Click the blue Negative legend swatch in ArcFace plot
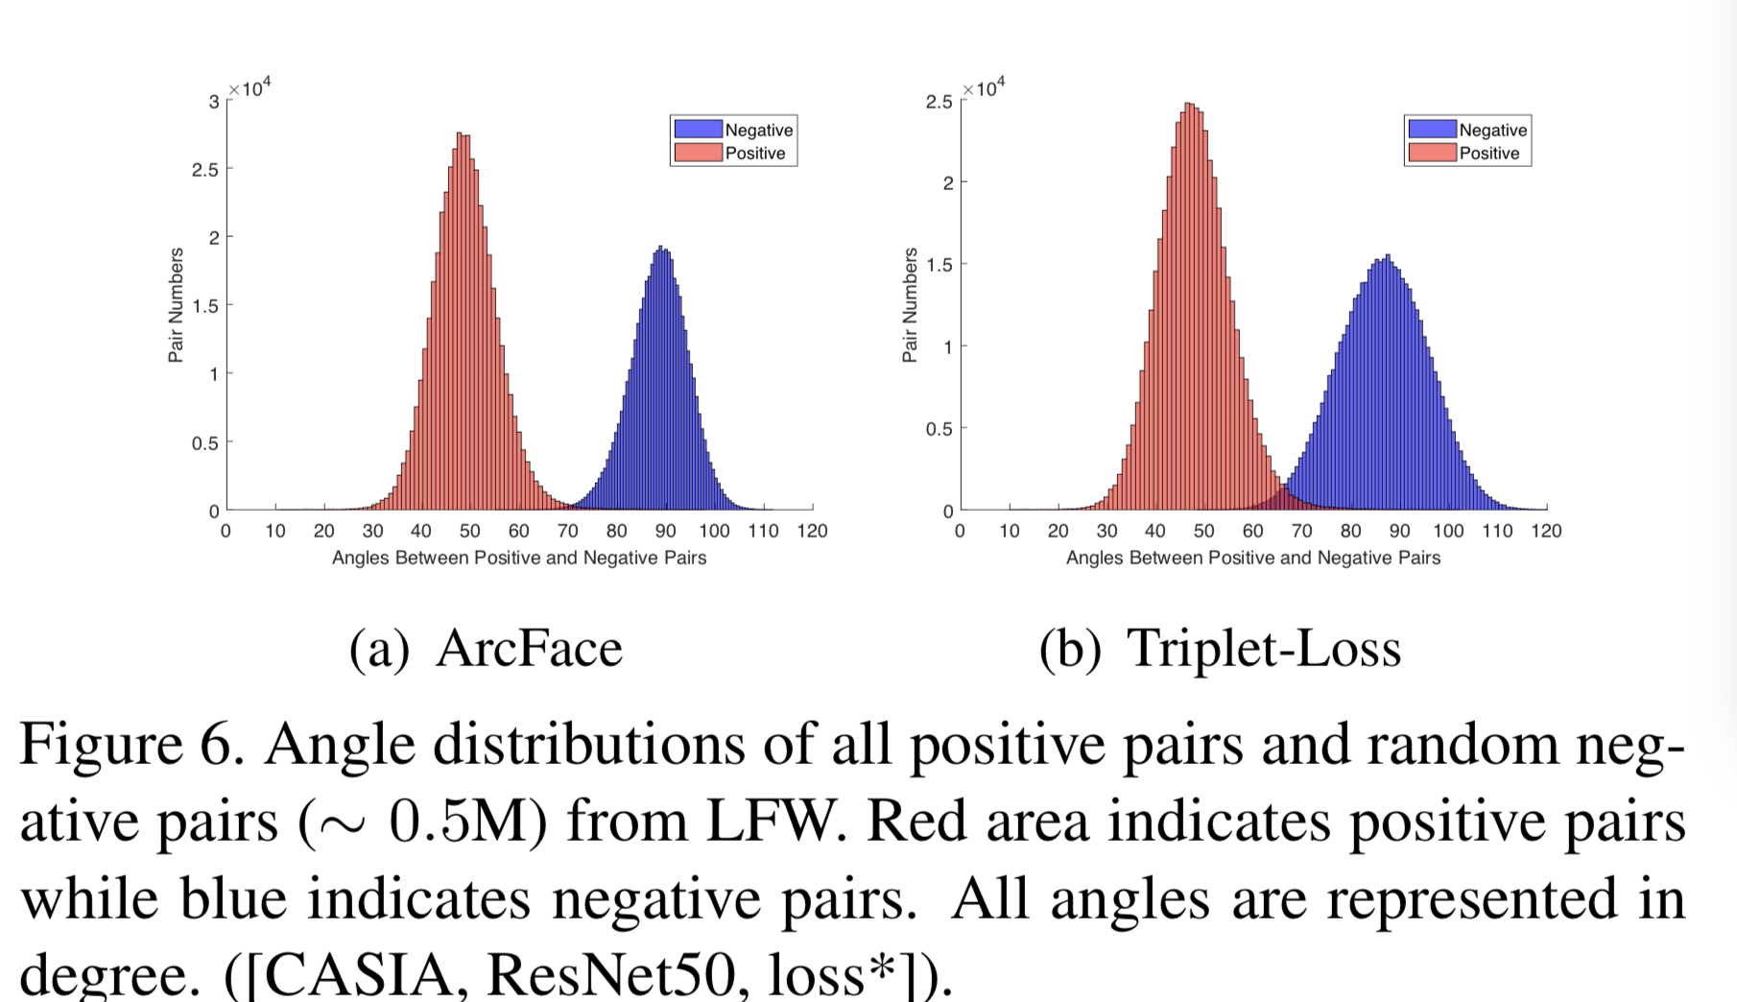pos(698,130)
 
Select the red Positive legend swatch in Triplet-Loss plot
pos(1432,153)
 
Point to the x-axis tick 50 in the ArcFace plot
pos(469,531)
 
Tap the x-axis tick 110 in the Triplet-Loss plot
pos(1497,531)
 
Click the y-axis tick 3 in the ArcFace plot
pos(214,101)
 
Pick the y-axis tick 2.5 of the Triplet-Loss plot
pos(939,101)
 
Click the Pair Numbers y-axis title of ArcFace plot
pos(176,305)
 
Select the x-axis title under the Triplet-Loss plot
pos(1252,558)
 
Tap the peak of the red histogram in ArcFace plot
pos(462,134)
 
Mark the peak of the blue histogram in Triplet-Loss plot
pos(1387,257)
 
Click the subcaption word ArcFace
pos(529,648)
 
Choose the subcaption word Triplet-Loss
pos(1264,648)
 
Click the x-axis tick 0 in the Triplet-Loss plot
pos(960,531)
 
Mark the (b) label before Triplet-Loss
pos(1070,648)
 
